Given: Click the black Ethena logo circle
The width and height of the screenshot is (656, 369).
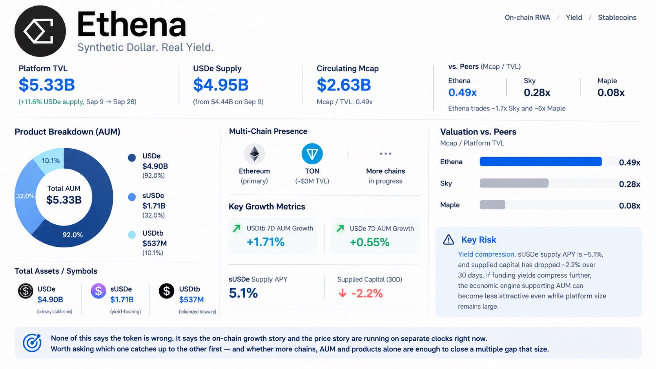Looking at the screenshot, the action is coord(40,31).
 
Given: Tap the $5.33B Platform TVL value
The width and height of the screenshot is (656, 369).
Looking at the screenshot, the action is coord(47,85).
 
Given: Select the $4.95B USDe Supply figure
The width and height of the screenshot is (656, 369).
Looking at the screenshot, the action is coord(221,85).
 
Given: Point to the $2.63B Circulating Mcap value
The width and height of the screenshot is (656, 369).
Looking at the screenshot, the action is coord(344,85).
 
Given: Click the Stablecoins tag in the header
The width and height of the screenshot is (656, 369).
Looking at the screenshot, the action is coord(617,18).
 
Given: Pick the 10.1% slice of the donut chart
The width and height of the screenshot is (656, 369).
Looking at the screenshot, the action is coord(50,159).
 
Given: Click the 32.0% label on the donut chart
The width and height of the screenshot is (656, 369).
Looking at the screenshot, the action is coord(25,196).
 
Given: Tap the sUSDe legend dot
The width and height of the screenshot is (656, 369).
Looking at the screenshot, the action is coord(132,197).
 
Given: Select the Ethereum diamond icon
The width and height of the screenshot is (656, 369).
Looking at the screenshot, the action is coord(254,154).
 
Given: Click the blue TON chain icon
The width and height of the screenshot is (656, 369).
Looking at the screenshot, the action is coord(312,154).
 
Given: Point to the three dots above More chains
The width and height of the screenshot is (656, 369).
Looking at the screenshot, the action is coord(385,154).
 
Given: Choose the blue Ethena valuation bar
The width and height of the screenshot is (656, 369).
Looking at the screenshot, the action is coord(541,162).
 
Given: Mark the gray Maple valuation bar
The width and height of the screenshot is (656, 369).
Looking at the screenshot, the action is coord(492,205).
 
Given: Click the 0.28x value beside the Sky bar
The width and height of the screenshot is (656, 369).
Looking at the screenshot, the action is coord(629,184).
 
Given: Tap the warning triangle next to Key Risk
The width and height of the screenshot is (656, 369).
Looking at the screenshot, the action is coord(448,240).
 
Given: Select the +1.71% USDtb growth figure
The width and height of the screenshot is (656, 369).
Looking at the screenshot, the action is coord(266,242).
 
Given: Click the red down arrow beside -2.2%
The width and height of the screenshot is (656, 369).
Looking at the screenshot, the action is coord(343,293).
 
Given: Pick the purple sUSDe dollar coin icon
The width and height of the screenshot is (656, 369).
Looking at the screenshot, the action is coord(98,291).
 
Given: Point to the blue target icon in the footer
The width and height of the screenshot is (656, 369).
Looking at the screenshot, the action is coord(32,342).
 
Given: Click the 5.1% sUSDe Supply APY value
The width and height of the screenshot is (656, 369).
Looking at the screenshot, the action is coord(243,293).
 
